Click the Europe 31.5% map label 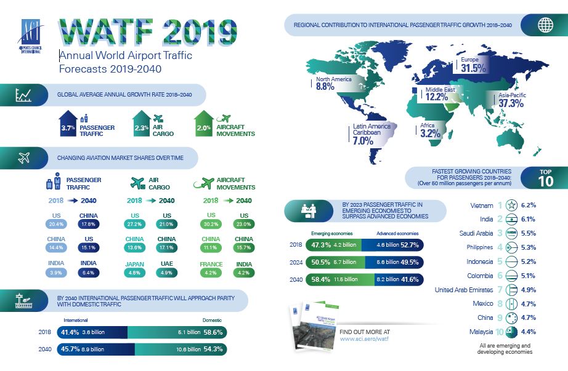tap(466, 65)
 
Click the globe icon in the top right tap(545, 25)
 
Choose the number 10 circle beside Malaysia tap(500, 332)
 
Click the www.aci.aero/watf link tap(363, 338)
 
